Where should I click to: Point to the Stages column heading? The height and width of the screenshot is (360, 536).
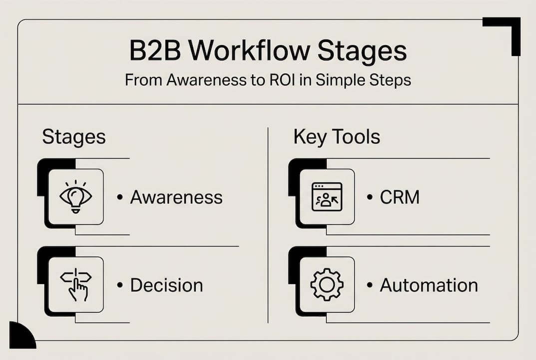[74, 136]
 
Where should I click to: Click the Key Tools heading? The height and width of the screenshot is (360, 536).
[337, 136]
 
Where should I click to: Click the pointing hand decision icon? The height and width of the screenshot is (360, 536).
[76, 285]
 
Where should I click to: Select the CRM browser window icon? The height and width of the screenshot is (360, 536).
[327, 196]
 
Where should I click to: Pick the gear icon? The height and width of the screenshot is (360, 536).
[327, 285]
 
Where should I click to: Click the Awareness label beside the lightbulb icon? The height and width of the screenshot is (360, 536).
[176, 197]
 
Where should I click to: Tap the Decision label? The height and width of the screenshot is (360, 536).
[166, 285]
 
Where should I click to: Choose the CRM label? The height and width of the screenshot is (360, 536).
[400, 197]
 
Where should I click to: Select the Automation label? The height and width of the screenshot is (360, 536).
[429, 285]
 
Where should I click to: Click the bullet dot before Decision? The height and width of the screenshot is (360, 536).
[119, 285]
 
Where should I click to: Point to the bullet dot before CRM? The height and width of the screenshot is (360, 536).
[370, 197]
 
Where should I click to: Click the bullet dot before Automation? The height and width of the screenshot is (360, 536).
[370, 285]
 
